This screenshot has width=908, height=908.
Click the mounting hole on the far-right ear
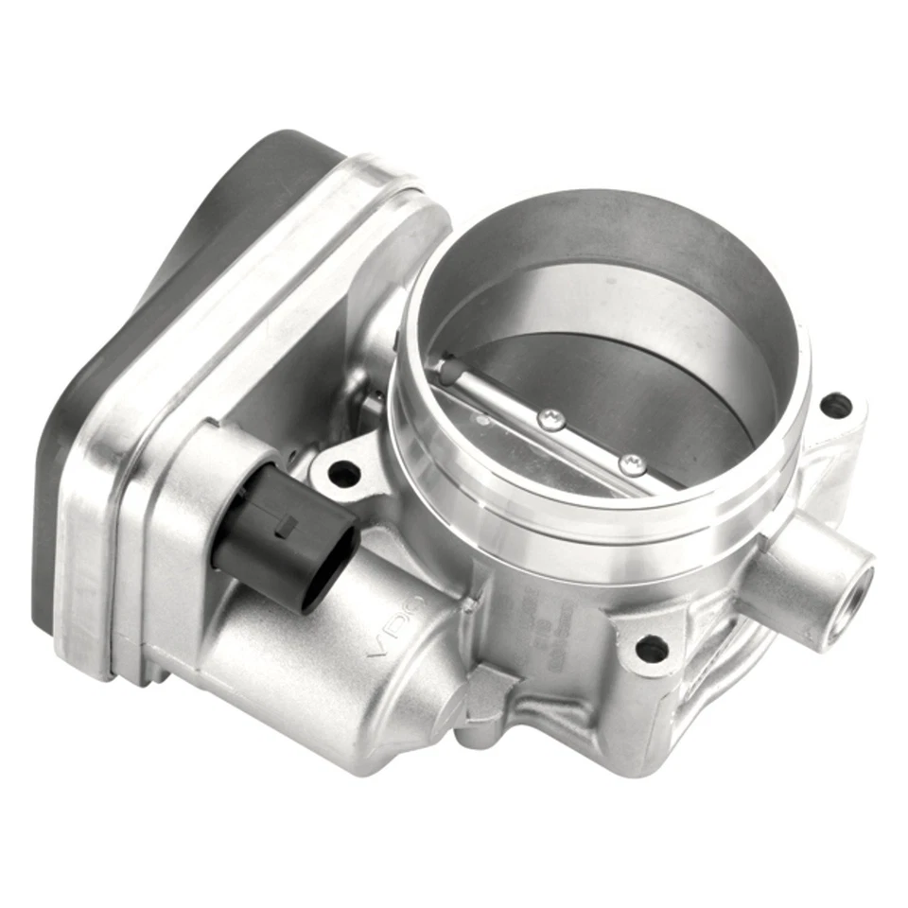click(835, 407)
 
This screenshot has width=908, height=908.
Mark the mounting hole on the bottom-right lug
click(652, 648)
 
